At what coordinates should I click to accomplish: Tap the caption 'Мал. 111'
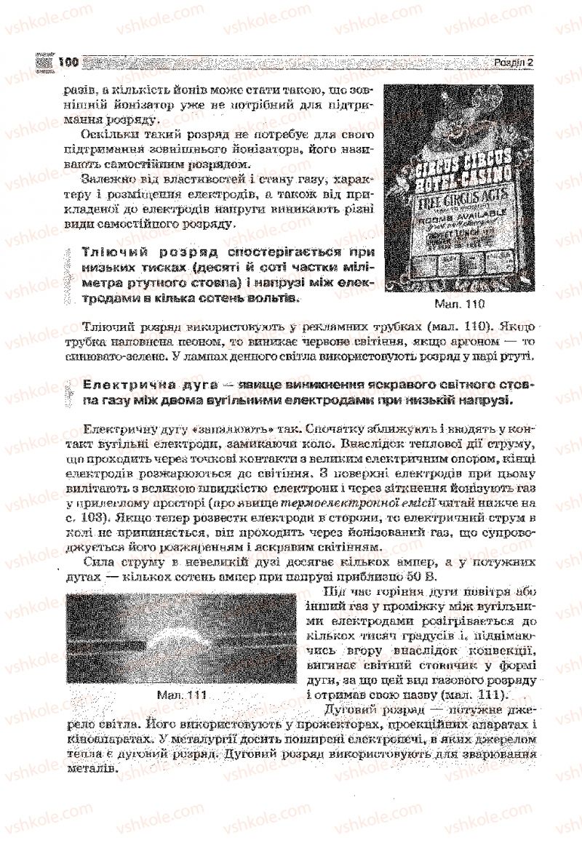(x=182, y=695)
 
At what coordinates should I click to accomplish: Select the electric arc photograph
(x=181, y=639)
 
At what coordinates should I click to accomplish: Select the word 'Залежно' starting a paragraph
(x=108, y=179)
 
